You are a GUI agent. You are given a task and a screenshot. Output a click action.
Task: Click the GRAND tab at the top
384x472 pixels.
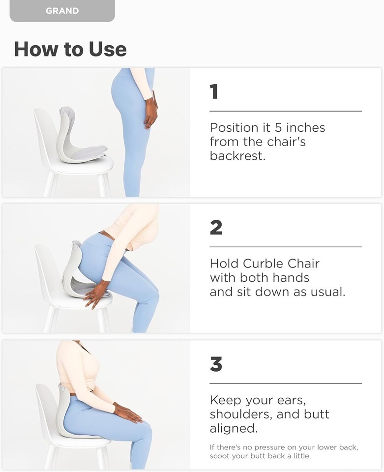[x=62, y=11]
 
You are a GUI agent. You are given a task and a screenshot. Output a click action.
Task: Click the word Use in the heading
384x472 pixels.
[x=108, y=49]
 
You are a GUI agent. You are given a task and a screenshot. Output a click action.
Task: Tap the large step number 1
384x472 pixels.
[x=214, y=91]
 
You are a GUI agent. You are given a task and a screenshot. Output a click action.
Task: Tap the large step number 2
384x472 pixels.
[x=216, y=227]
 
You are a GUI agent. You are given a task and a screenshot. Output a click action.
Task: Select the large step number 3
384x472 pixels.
[x=216, y=364]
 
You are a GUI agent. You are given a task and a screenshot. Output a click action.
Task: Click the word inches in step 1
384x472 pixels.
[x=305, y=128]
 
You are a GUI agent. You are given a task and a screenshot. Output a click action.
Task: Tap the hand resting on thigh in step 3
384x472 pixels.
[x=128, y=413]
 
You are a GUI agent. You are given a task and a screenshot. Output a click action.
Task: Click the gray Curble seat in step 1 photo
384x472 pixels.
[x=79, y=136]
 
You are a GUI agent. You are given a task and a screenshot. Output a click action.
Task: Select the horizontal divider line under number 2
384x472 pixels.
[x=286, y=247]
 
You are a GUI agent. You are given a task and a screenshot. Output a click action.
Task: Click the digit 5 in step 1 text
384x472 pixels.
[x=278, y=128]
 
